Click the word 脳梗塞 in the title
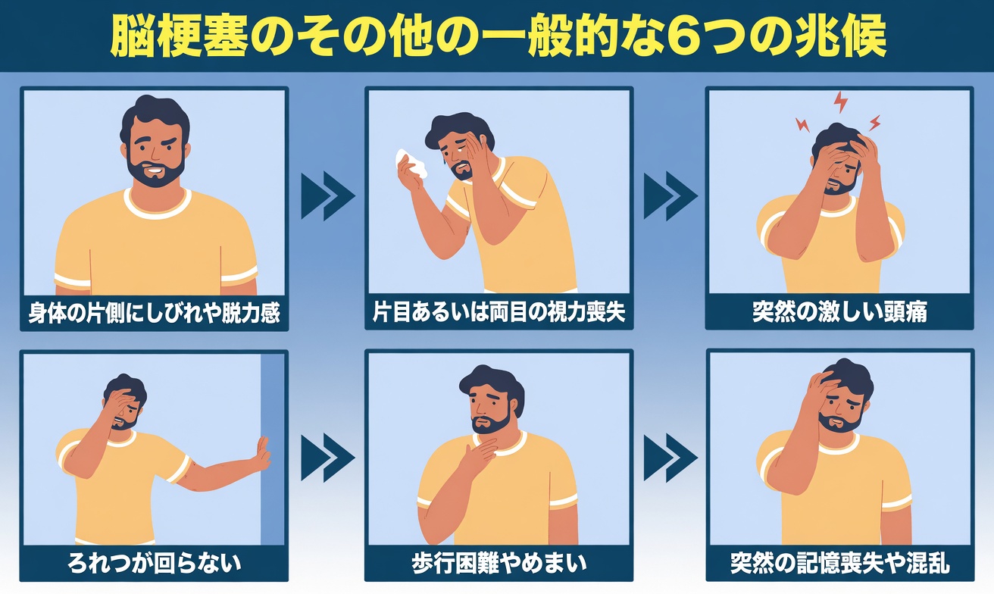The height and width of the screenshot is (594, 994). coord(180,36)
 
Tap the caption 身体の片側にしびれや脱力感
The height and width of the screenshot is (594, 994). coord(155,313)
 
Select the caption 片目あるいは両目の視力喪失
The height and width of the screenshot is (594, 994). coord(499,313)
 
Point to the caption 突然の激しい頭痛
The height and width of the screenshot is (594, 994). coord(839,312)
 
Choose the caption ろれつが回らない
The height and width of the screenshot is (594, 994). coord(155,563)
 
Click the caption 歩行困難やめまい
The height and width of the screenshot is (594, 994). coord(499,564)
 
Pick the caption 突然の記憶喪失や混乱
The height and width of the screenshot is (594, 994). coord(839,564)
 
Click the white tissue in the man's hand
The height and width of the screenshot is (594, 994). coord(410,162)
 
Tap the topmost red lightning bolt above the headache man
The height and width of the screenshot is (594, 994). coord(839,101)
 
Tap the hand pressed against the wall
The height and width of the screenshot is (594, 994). coord(261,453)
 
